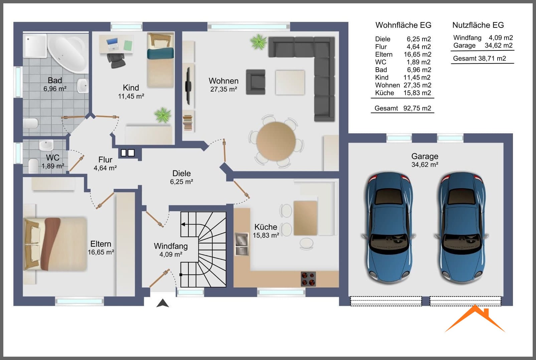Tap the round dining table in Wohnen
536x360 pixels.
point(276,141)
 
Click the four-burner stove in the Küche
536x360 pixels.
point(308,279)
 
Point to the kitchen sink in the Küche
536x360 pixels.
point(242,244)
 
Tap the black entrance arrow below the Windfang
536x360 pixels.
point(163,303)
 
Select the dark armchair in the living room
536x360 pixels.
point(255,82)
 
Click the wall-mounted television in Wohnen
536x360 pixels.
point(188,86)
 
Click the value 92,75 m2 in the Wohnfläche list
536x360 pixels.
point(417,108)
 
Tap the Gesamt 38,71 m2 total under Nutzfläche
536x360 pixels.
point(480,58)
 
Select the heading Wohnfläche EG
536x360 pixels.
point(403,25)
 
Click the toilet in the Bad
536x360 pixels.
point(31,123)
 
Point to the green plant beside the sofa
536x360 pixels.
point(258,42)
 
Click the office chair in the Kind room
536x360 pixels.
point(116,60)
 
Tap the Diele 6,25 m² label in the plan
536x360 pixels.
point(181,177)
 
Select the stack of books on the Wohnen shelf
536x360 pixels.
point(188,123)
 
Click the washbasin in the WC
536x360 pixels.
point(46,145)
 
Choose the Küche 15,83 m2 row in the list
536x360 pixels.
point(403,93)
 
